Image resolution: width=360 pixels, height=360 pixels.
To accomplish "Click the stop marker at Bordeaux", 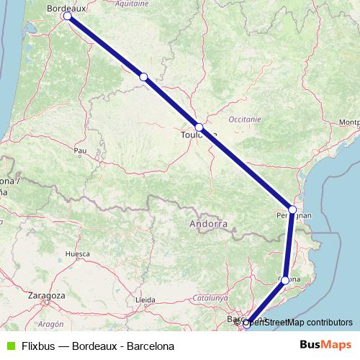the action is click(x=68, y=16).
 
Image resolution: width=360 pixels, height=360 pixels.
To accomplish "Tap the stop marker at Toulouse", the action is click(x=199, y=128).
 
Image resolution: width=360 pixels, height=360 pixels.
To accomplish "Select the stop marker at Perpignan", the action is click(x=292, y=210).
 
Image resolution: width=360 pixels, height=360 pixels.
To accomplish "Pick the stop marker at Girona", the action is click(x=285, y=280).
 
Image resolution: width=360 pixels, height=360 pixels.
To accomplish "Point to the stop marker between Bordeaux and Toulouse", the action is click(x=143, y=76).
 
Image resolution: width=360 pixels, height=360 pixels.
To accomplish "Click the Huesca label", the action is click(x=77, y=254).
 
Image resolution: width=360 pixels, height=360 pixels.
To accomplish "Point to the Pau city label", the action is click(x=80, y=150).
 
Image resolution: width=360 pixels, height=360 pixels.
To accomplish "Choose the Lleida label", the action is click(x=145, y=300).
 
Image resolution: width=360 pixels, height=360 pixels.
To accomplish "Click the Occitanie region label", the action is click(x=244, y=118).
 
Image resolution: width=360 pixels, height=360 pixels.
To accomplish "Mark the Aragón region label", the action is click(x=51, y=325).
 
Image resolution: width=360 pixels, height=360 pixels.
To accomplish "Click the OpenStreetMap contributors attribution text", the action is click(x=297, y=323).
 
